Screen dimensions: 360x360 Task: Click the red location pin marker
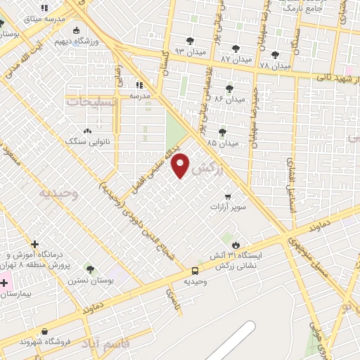click(181, 165)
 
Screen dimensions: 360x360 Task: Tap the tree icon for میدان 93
click(191, 40)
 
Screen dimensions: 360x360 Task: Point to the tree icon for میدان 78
click(274, 54)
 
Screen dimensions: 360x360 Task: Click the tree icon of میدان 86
click(229, 89)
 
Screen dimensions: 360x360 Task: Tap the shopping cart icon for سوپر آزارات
click(228, 197)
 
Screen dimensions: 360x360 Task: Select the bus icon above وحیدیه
click(195, 271)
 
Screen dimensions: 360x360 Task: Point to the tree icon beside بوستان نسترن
click(89, 269)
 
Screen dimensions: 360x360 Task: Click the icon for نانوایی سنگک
click(87, 131)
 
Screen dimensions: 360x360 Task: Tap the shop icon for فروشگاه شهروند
click(45, 331)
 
